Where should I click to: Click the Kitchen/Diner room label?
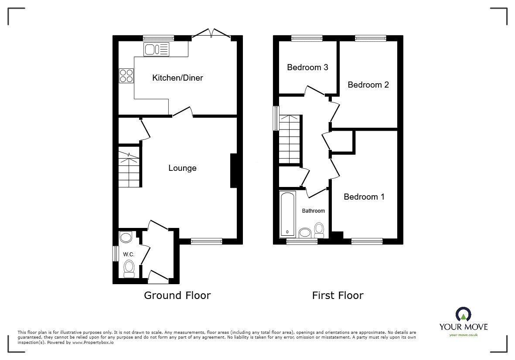pyautogui.click(x=177, y=78)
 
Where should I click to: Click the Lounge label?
pyautogui.click(x=182, y=168)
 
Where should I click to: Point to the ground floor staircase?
pyautogui.click(x=130, y=168)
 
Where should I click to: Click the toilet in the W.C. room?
pyautogui.click(x=129, y=268)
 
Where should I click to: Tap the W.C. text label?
pyautogui.click(x=128, y=255)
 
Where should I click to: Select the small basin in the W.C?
pyautogui.click(x=126, y=238)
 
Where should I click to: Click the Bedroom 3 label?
pyautogui.click(x=307, y=68)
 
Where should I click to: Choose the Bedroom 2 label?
pyautogui.click(x=368, y=85)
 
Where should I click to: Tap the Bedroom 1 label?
pyautogui.click(x=364, y=197)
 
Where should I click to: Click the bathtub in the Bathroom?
pyautogui.click(x=287, y=214)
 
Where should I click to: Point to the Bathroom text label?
pyautogui.click(x=314, y=211)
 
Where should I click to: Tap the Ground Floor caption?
pyautogui.click(x=177, y=295)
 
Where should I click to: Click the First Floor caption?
pyautogui.click(x=338, y=295)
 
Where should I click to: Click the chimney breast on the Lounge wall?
pyautogui.click(x=233, y=171)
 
